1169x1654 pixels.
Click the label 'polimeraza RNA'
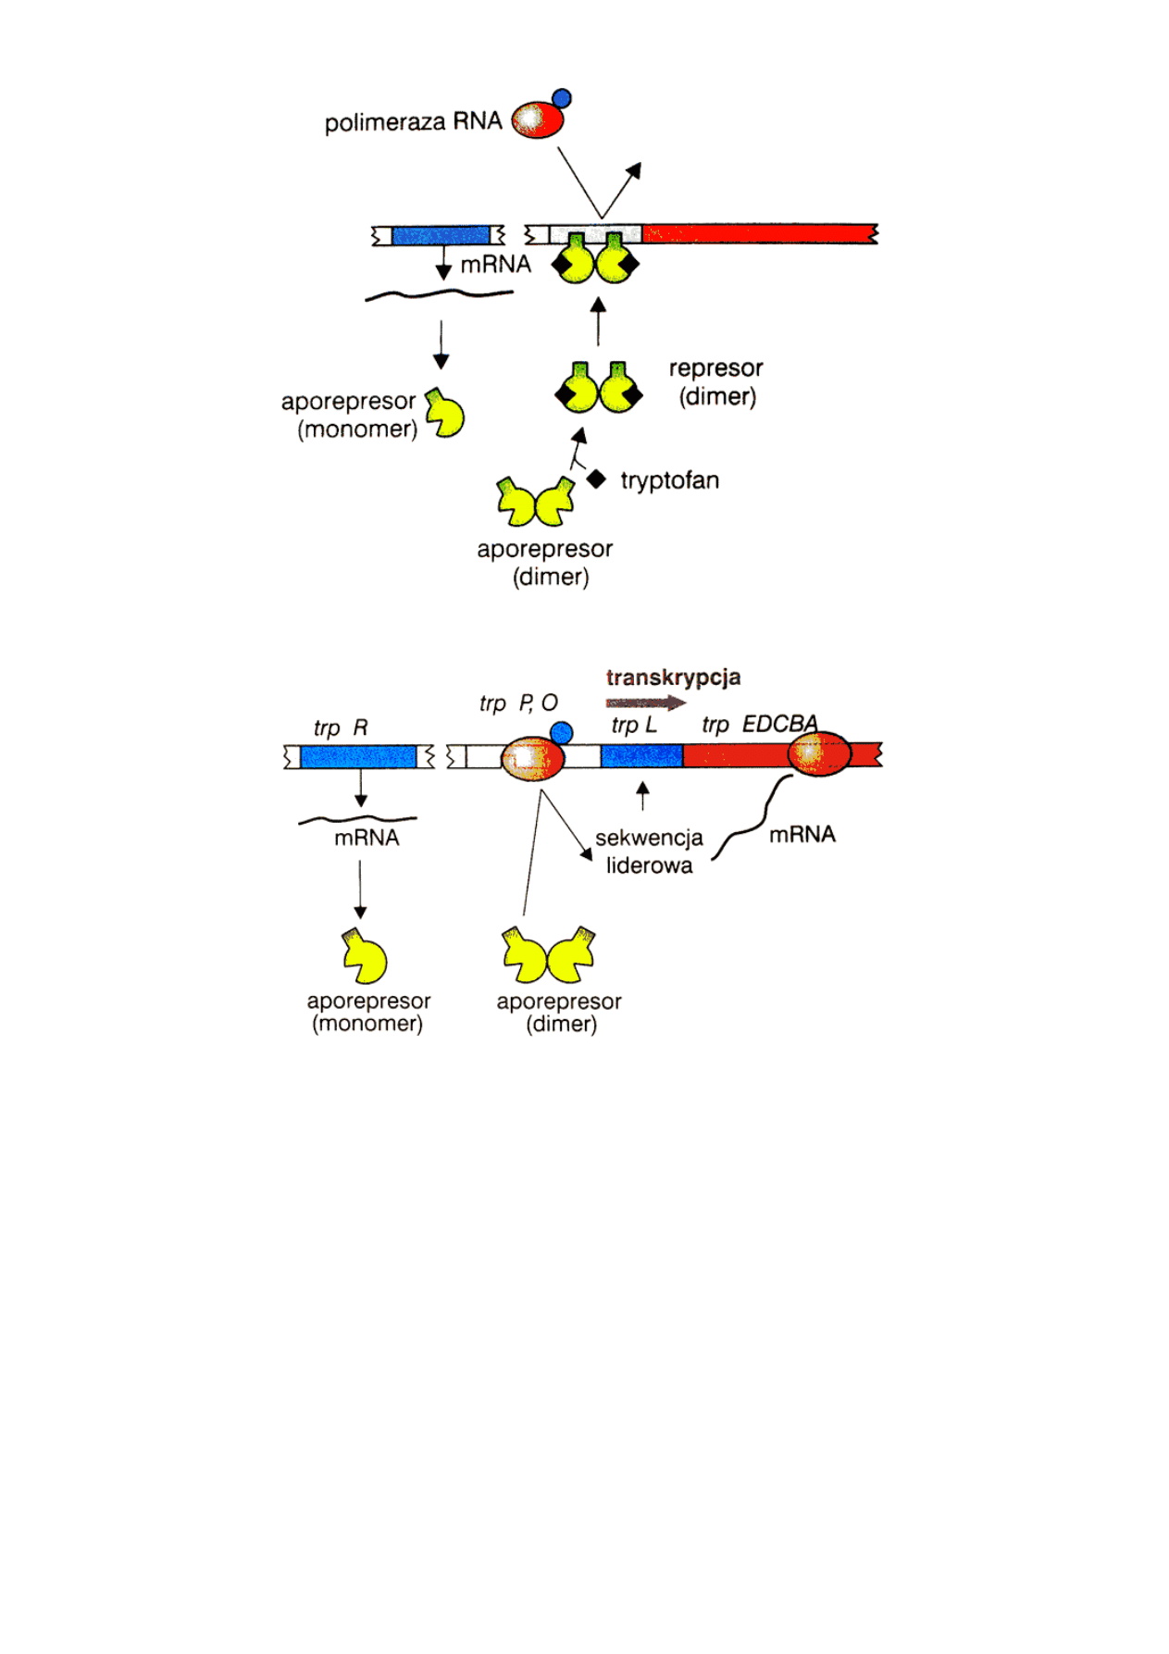tap(413, 121)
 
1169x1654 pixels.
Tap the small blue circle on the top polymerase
tap(561, 98)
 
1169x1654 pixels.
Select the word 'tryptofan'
tap(669, 480)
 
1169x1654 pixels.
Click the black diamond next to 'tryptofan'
tap(597, 479)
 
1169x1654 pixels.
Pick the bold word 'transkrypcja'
tap(673, 678)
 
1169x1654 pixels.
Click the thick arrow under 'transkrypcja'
tap(646, 703)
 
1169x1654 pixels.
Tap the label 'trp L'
tap(634, 726)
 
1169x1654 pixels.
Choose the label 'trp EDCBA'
tap(759, 724)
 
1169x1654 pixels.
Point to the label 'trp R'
tap(341, 728)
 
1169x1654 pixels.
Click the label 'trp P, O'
tap(518, 703)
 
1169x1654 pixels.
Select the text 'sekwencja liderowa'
tap(649, 852)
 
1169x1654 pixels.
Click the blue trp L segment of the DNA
tap(641, 756)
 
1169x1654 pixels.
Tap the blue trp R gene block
tap(359, 757)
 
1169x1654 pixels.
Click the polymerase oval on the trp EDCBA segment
tap(819, 754)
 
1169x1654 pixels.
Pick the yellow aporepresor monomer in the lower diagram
tap(365, 956)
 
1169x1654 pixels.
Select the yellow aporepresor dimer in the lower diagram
tap(549, 955)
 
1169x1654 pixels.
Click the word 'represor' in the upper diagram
tap(715, 368)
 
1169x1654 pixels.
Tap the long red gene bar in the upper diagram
tap(759, 232)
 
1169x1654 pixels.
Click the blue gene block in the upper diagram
tap(441, 235)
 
